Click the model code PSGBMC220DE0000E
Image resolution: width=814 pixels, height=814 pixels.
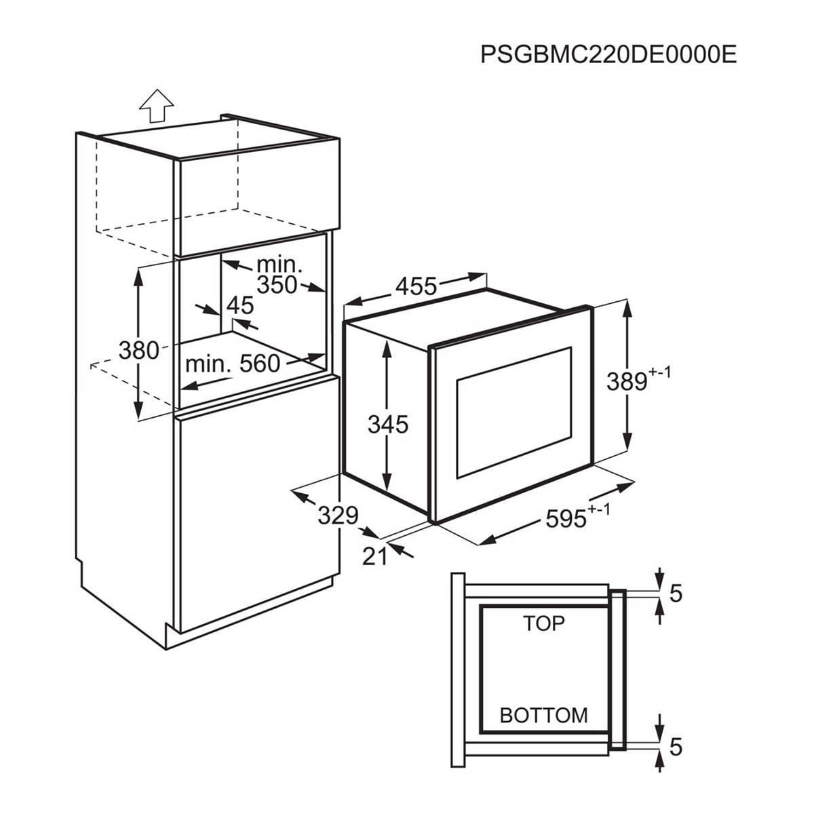608,54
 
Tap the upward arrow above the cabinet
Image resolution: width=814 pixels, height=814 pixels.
156,106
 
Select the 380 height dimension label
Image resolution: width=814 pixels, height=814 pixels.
138,351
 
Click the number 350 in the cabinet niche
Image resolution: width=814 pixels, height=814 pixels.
277,285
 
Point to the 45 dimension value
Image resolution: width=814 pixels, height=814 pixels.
240,305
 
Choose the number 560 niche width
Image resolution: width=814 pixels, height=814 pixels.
260,364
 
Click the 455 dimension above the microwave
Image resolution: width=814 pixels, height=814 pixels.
416,286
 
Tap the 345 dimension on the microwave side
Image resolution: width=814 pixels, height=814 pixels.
388,425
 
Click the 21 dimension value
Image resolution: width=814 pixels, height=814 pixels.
374,557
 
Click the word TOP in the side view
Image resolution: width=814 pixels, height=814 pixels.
543,623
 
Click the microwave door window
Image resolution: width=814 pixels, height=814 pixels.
513,412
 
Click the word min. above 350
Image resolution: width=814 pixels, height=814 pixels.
279,265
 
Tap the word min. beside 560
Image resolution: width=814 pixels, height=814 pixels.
209,364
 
